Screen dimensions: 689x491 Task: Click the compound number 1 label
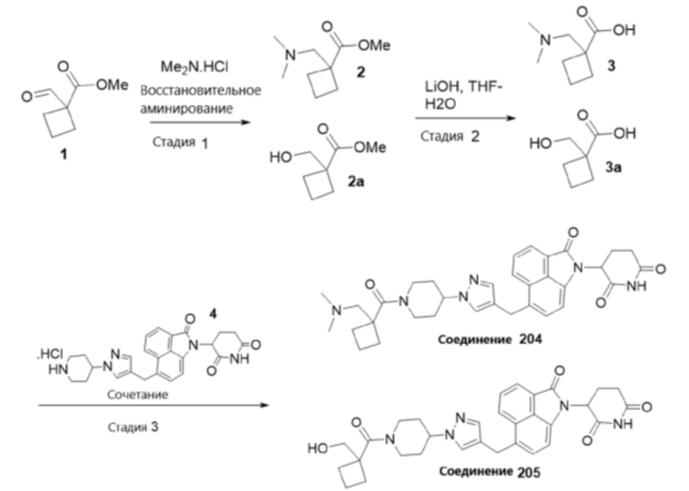(x=64, y=154)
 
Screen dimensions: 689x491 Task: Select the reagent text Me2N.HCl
(x=194, y=67)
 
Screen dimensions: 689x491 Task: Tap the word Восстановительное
(x=201, y=90)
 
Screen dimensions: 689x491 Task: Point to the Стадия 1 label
(x=179, y=142)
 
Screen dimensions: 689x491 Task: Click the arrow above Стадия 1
(x=201, y=123)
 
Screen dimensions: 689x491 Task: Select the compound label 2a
(x=355, y=181)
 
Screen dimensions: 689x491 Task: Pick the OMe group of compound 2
(x=374, y=45)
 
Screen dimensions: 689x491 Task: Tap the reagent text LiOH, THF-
(x=463, y=86)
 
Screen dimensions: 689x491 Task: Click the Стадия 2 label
(x=450, y=137)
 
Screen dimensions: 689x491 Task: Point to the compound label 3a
(x=613, y=167)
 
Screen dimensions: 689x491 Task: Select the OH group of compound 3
(x=624, y=30)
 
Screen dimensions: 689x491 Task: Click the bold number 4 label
(x=213, y=313)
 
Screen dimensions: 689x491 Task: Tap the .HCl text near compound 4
(x=49, y=354)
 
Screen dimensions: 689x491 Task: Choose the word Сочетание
(x=138, y=394)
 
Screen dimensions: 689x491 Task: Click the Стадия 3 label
(x=133, y=427)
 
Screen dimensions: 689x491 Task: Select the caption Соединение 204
(x=490, y=339)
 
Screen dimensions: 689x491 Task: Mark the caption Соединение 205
(x=490, y=472)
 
